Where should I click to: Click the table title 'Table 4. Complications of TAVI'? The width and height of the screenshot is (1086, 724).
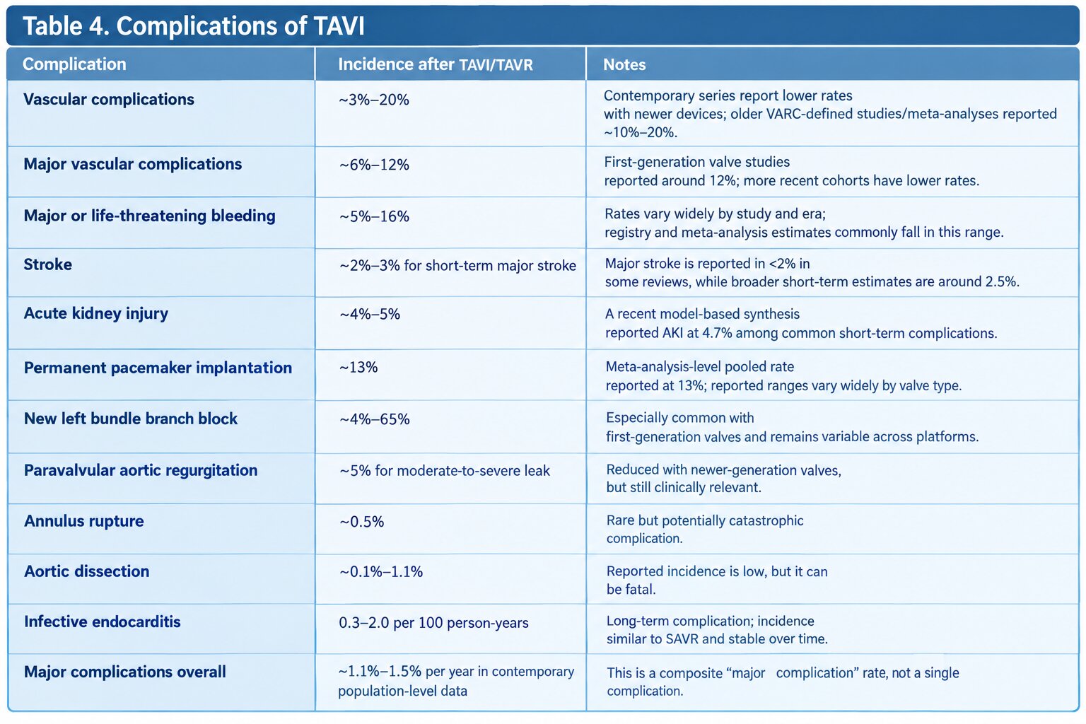click(194, 25)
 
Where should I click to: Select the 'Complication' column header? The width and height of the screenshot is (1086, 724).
click(74, 64)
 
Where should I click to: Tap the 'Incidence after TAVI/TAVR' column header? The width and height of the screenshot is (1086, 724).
click(436, 64)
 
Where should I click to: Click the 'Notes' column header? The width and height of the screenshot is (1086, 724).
click(624, 64)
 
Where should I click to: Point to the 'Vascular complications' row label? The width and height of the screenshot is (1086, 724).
click(109, 100)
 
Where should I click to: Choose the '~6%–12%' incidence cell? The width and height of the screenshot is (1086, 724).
click(374, 165)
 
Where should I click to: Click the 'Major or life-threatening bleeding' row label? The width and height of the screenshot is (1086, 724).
click(149, 216)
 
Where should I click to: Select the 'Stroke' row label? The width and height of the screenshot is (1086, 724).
click(47, 264)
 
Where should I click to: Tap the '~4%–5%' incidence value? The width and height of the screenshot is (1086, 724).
click(370, 314)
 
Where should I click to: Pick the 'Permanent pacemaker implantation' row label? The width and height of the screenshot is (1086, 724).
click(158, 368)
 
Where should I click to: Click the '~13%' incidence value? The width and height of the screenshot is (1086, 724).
click(358, 367)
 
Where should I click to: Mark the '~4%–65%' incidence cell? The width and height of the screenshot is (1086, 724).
click(374, 419)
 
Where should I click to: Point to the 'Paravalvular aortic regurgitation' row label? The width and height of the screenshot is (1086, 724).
click(141, 470)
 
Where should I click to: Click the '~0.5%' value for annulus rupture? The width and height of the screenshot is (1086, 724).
click(362, 522)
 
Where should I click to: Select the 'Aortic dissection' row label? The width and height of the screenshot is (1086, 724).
click(87, 571)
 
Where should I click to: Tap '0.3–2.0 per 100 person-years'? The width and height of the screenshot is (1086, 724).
click(433, 623)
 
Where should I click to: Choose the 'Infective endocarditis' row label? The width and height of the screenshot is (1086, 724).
click(103, 621)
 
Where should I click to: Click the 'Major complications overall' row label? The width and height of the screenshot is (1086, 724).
click(125, 672)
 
